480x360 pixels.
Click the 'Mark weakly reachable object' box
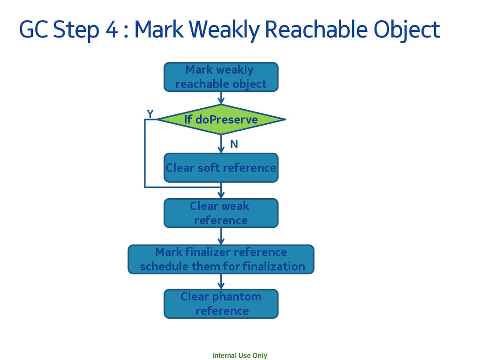tap(221, 77)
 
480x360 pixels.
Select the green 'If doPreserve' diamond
tap(221, 120)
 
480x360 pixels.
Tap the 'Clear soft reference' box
tap(221, 167)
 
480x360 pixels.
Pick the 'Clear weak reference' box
tap(221, 213)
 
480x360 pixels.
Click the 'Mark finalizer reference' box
tap(221, 259)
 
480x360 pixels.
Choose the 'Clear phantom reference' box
tap(221, 304)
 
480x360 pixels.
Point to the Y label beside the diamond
tap(150, 114)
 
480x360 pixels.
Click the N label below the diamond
tap(233, 145)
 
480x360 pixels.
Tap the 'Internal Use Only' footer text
tap(240, 355)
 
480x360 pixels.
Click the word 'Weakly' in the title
tap(225, 30)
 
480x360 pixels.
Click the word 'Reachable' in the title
tap(315, 30)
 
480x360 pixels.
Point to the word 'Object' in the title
tap(406, 30)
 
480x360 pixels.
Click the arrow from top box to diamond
tap(221, 98)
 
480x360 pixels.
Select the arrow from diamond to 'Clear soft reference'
tap(221, 143)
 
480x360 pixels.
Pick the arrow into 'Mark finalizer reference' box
tap(221, 236)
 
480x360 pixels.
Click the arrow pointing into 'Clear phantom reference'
tap(221, 281)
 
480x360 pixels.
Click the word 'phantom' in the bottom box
tap(236, 297)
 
